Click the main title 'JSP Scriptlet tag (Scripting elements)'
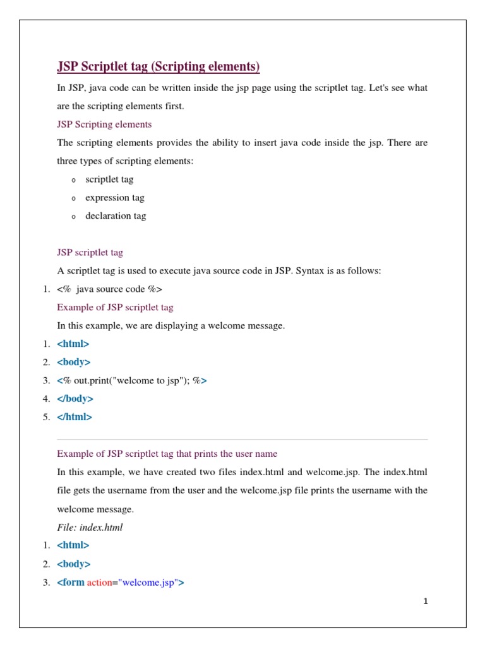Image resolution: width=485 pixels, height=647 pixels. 159,67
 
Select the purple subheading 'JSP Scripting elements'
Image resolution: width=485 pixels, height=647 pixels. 104,124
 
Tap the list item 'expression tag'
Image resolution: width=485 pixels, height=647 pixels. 115,197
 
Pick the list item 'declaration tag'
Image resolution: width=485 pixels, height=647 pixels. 116,215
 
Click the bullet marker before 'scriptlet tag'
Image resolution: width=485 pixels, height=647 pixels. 73,180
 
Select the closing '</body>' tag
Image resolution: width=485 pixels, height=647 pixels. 75,399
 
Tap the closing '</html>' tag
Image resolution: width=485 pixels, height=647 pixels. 75,417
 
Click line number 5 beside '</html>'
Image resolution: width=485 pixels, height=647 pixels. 46,417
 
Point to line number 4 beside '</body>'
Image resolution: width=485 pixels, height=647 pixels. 46,399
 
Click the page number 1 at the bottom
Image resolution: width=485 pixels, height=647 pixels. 426,601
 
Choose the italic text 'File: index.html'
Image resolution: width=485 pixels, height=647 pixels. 90,527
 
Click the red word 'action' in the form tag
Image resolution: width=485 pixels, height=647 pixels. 99,583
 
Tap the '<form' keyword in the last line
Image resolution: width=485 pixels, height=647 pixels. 71,583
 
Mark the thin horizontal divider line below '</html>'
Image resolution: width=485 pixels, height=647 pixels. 242,439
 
